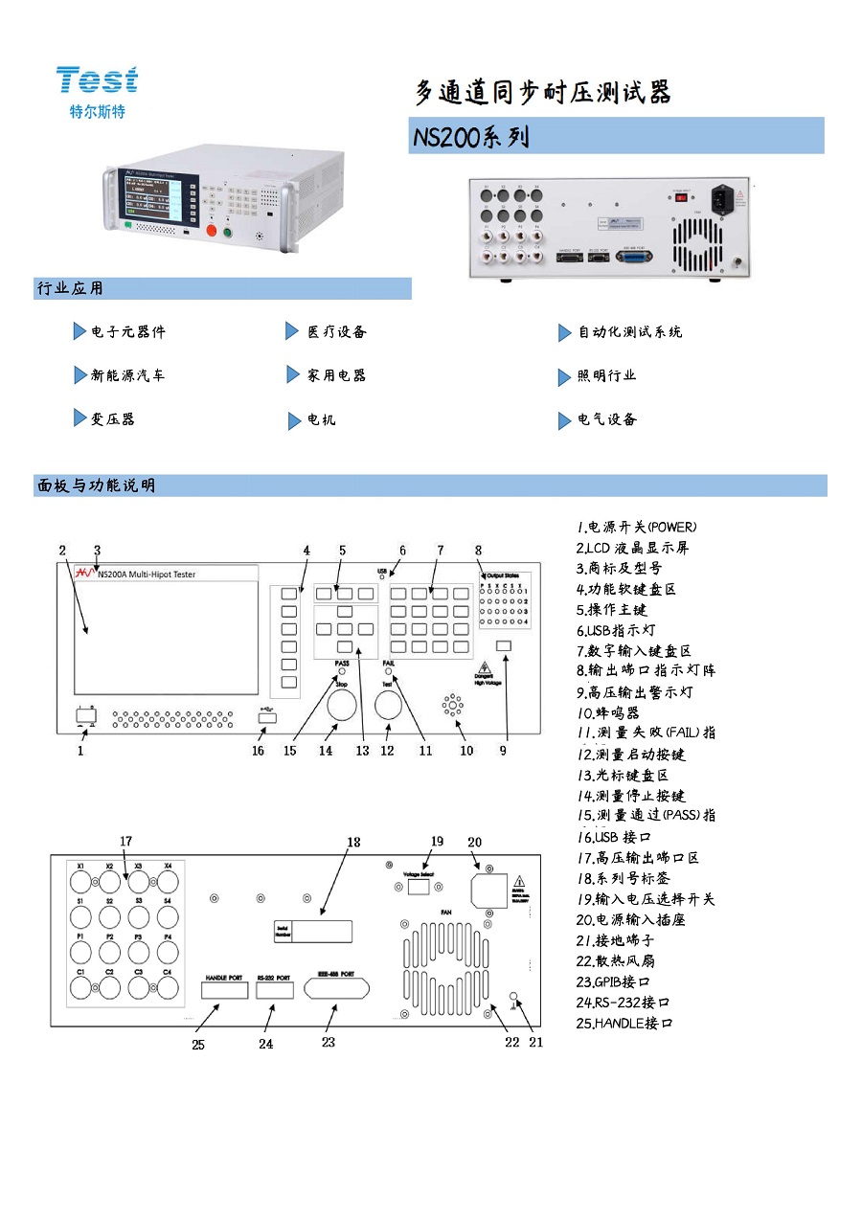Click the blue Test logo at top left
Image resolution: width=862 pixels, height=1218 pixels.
(x=97, y=79)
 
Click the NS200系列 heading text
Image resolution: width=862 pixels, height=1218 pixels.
(x=469, y=137)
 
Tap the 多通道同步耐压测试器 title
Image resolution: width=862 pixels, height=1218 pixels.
(x=542, y=93)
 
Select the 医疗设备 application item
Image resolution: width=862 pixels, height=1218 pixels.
(x=336, y=332)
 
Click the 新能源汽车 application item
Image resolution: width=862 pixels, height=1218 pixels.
(x=127, y=375)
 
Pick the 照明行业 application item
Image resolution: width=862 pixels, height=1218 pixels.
(x=605, y=376)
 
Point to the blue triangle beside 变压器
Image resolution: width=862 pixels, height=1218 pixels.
(x=79, y=418)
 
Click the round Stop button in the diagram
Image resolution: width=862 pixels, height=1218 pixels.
(x=342, y=707)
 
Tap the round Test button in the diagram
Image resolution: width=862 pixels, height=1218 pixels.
(x=388, y=707)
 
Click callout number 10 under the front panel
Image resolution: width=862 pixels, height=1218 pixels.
(x=466, y=751)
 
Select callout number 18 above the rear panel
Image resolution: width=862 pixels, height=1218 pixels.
(x=353, y=843)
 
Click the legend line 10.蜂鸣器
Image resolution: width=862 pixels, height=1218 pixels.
(x=608, y=713)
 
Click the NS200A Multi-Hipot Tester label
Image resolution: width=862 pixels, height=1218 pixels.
(x=147, y=574)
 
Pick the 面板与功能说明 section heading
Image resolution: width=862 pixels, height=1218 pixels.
(x=95, y=485)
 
